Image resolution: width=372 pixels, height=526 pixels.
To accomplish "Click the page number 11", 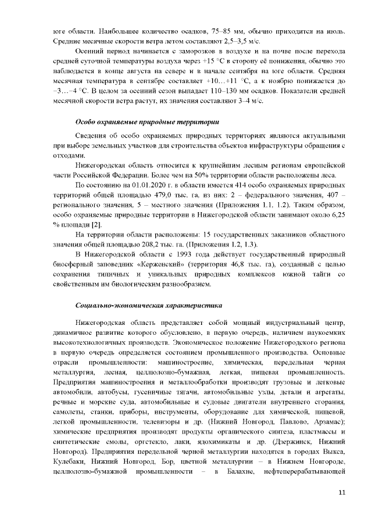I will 342,492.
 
